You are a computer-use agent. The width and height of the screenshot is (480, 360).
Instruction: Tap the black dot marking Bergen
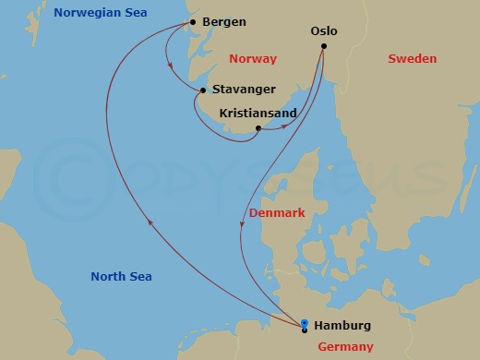click(192, 22)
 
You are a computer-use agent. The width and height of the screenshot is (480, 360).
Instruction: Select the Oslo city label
click(324, 31)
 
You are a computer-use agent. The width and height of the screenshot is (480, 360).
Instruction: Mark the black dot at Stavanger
click(202, 90)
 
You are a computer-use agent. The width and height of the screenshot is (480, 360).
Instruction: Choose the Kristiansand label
click(258, 114)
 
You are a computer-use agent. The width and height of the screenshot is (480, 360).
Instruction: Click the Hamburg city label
click(342, 326)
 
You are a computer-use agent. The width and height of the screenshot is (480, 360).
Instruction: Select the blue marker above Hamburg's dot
click(305, 321)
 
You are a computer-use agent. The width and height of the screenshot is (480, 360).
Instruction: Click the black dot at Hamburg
click(305, 329)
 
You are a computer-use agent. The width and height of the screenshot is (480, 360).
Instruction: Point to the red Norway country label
click(251, 58)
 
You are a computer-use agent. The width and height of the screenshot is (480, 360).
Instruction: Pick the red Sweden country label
click(412, 58)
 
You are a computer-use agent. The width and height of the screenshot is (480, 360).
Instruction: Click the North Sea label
click(121, 277)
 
